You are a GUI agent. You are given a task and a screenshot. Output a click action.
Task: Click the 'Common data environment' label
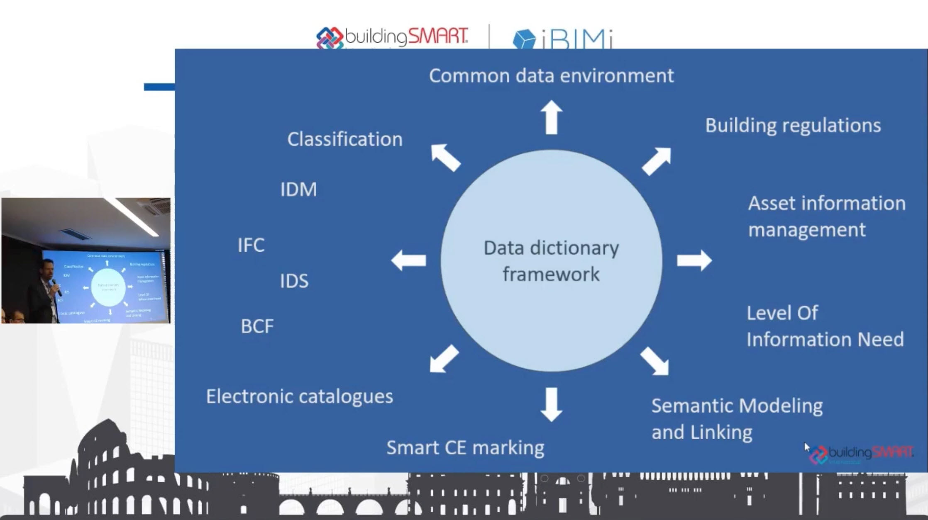tap(551, 76)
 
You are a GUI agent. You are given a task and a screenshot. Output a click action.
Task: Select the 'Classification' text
tap(344, 139)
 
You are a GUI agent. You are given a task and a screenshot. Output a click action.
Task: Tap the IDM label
tap(298, 190)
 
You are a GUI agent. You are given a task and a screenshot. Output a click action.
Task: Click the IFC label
tap(251, 245)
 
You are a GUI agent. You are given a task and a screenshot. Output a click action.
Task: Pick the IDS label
tap(294, 281)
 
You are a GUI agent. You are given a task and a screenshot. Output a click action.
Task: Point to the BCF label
tap(257, 326)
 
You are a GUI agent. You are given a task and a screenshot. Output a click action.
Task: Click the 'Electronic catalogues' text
tap(299, 397)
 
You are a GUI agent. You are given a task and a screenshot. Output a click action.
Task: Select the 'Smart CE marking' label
tap(465, 448)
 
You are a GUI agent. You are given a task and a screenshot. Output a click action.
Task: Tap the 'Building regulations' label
tap(793, 126)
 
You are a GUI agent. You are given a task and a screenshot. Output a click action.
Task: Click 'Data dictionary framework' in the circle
tap(551, 261)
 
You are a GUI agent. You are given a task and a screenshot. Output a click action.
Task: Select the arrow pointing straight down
tap(552, 404)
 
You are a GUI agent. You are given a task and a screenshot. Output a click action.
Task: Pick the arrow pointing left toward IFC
tap(409, 260)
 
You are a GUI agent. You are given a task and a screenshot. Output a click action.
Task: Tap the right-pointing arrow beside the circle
tap(694, 260)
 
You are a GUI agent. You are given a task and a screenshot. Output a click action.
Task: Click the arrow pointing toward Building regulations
tap(657, 161)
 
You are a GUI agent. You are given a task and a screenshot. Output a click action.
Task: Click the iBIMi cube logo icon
tap(524, 39)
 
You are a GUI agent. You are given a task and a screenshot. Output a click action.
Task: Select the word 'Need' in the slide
tap(880, 340)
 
